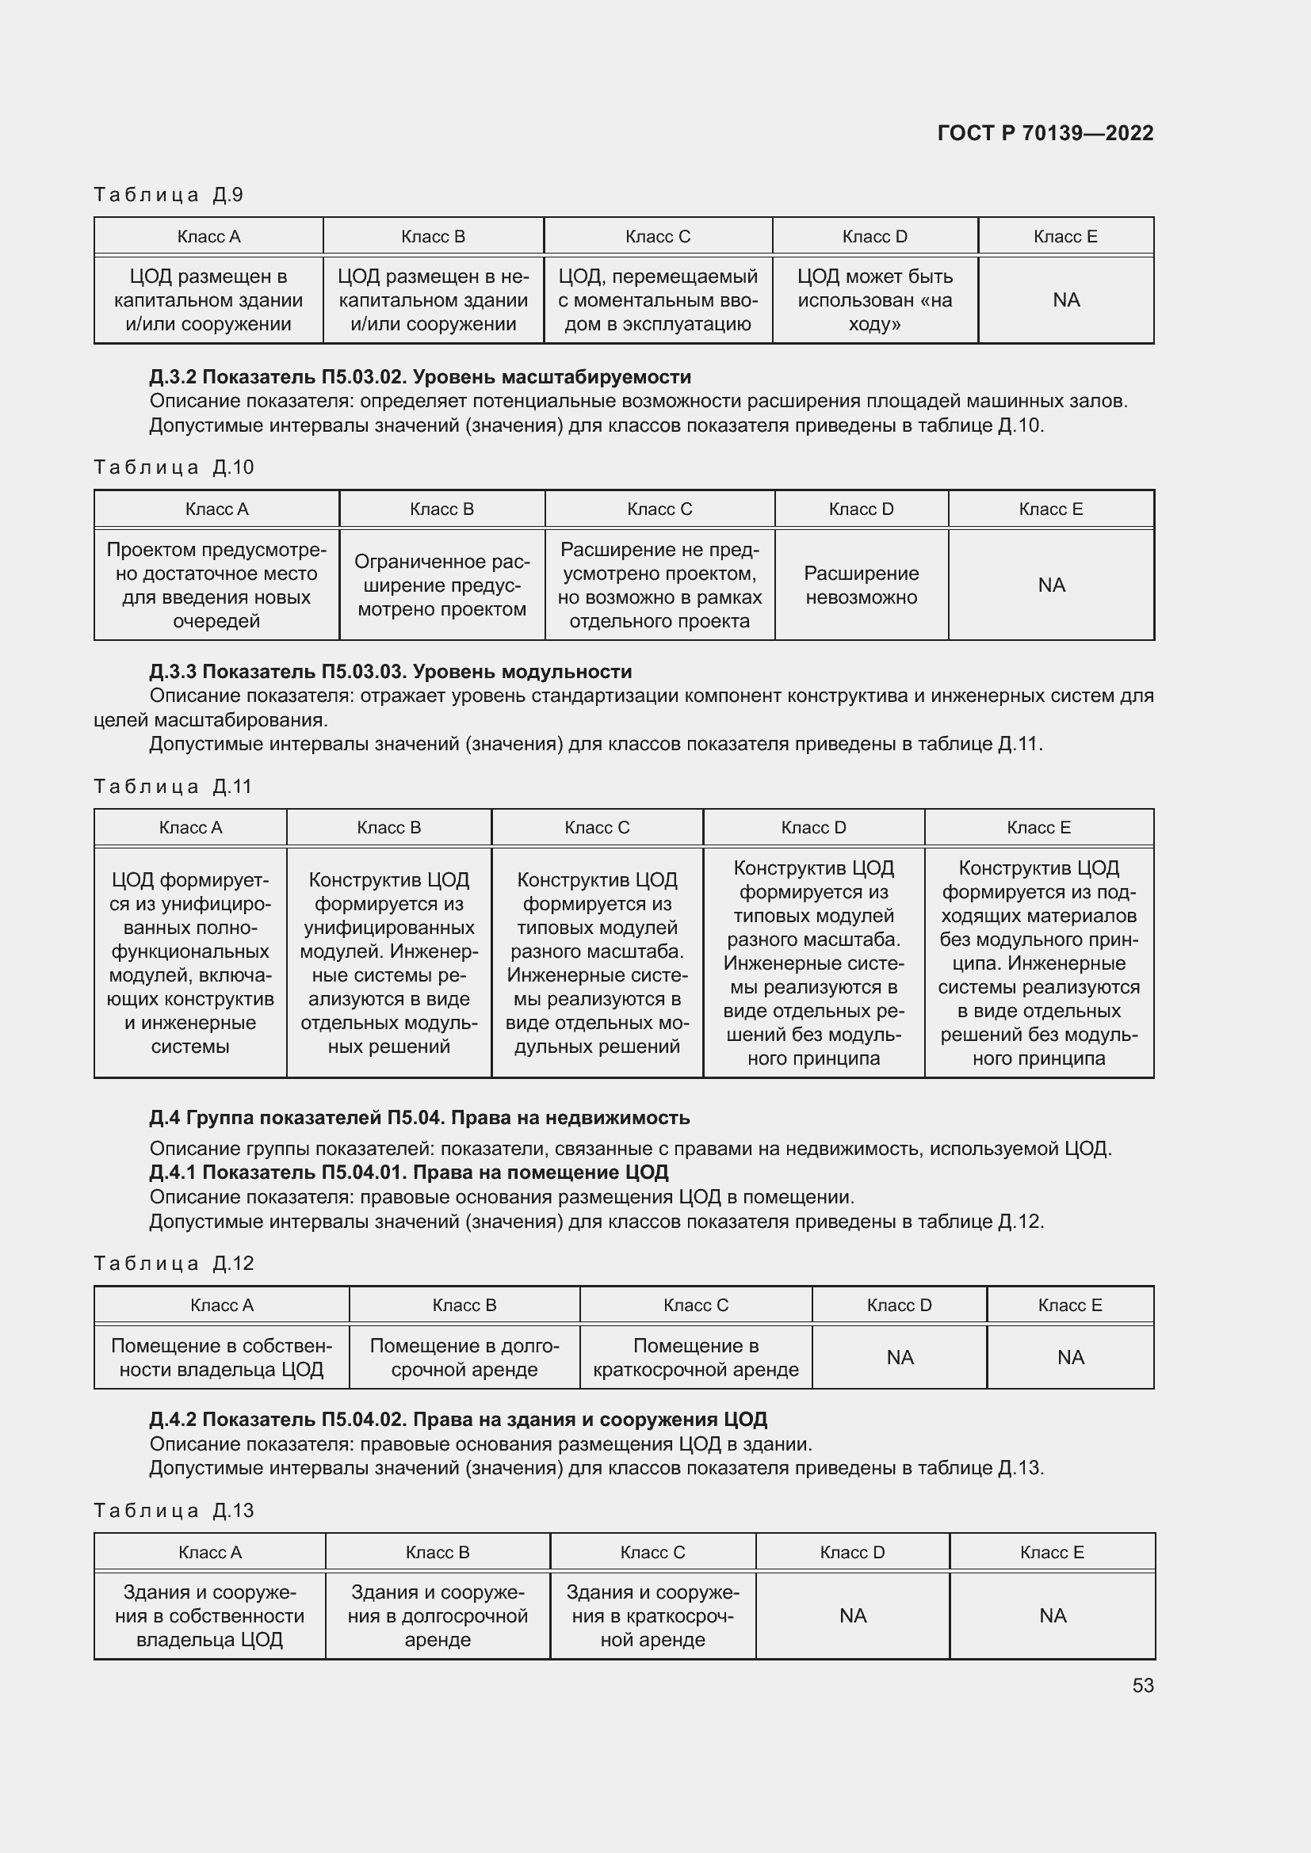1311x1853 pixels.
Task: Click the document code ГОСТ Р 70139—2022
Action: click(1045, 133)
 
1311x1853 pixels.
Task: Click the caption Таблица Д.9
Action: click(168, 195)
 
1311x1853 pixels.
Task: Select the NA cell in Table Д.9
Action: click(1065, 300)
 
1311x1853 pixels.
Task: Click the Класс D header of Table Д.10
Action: click(861, 509)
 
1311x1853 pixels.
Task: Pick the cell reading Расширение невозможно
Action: click(861, 585)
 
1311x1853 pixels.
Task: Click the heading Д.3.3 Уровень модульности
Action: click(390, 672)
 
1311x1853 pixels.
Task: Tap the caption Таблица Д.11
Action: click(173, 786)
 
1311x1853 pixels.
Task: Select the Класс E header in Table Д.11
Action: click(1038, 827)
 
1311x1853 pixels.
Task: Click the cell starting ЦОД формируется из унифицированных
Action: click(190, 962)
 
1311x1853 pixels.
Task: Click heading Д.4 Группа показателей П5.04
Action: click(419, 1118)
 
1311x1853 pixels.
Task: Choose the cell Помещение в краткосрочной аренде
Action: click(695, 1358)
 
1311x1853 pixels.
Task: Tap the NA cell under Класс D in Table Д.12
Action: click(900, 1358)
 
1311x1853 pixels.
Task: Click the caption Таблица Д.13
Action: click(174, 1511)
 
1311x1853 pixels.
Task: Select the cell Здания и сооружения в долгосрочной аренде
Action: click(438, 1615)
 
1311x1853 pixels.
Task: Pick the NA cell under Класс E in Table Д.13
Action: click(1052, 1615)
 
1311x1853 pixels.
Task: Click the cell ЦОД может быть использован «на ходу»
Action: click(874, 300)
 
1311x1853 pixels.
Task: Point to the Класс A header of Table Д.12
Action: click(221, 1305)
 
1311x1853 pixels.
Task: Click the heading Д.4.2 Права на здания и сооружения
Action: click(457, 1420)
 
